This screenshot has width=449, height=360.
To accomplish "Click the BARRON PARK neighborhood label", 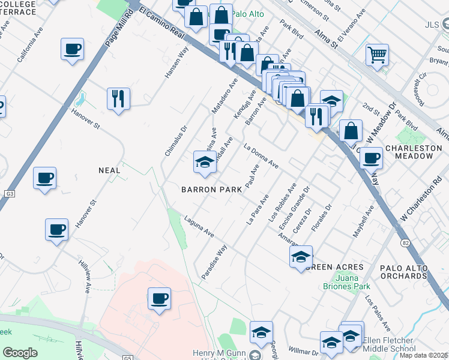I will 212,189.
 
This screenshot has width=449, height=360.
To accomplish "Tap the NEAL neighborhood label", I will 109,170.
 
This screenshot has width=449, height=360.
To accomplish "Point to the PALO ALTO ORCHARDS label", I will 403,272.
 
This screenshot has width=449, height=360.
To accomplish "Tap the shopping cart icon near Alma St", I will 377,55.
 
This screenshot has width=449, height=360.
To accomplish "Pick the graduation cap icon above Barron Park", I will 205,162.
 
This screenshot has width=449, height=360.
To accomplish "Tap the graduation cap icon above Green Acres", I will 301,257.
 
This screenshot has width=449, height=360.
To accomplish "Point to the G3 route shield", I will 10,194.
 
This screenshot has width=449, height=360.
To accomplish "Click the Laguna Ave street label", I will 199,226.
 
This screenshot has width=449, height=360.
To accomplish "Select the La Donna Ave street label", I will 261,155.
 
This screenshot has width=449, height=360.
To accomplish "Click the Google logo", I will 20,352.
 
